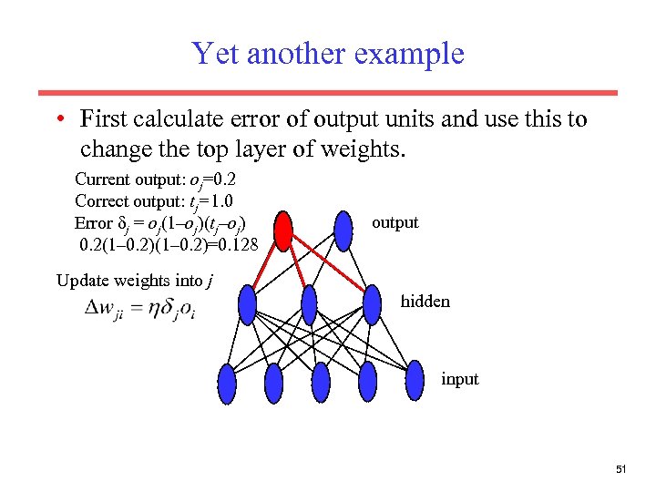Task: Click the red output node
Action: coord(283,231)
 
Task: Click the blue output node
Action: coord(343,230)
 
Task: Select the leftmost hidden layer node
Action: coord(248,304)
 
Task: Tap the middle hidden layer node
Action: coord(309,304)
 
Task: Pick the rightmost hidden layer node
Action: coord(372,304)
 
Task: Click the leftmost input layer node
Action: coord(228,382)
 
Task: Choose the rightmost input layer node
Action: coord(414,380)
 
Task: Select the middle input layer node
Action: coord(321,382)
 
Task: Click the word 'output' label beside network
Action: coord(395,222)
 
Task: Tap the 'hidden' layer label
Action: coord(425,301)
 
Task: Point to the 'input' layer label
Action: coord(459,379)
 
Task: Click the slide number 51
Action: coord(621,469)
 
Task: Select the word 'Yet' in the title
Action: coord(215,54)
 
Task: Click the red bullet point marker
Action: coord(57,120)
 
